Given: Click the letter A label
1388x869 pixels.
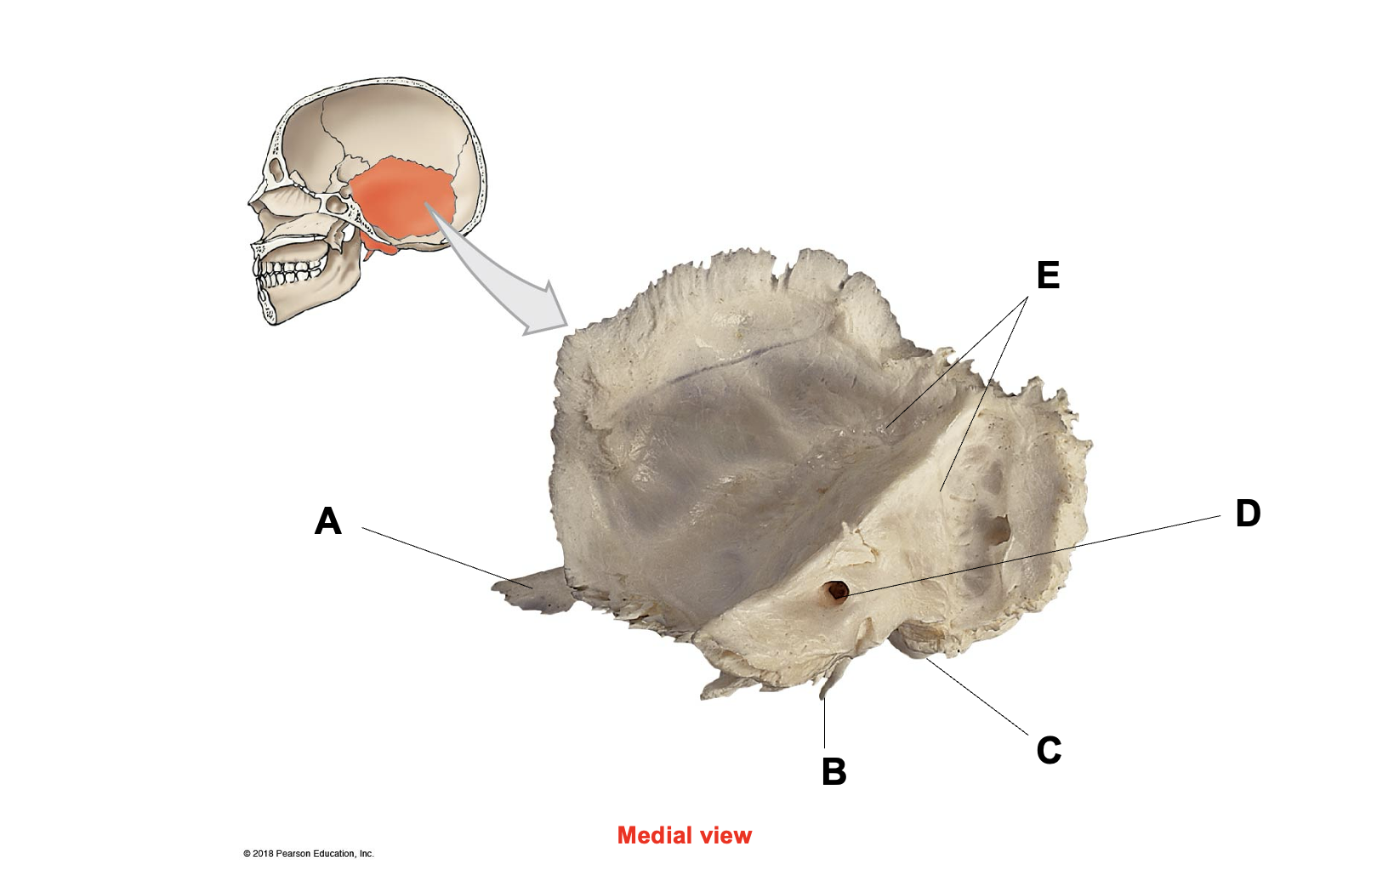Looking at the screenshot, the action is (327, 521).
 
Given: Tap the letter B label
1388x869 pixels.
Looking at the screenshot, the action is (834, 771).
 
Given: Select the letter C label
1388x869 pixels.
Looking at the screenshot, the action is (1049, 750).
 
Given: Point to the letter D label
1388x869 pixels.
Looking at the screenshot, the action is (1248, 513).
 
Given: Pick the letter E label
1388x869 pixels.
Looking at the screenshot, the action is (1049, 275).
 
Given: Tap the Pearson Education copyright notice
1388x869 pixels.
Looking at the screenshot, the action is (309, 854).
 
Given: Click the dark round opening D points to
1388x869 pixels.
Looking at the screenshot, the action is (837, 591).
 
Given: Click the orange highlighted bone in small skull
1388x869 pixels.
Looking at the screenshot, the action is (403, 202).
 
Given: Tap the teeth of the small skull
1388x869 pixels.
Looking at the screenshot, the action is (290, 273).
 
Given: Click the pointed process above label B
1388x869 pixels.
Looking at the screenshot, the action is (832, 680).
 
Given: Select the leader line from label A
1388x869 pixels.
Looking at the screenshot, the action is (447, 558).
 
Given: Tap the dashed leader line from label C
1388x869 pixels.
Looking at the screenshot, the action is (978, 697).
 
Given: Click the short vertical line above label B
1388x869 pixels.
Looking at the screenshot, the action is (825, 724).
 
